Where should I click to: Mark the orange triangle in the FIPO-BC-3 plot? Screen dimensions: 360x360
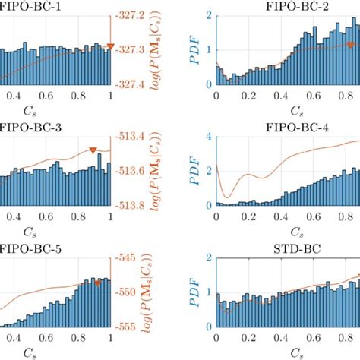[x=93, y=150]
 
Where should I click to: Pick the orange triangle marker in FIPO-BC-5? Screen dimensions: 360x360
[x=97, y=282]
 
